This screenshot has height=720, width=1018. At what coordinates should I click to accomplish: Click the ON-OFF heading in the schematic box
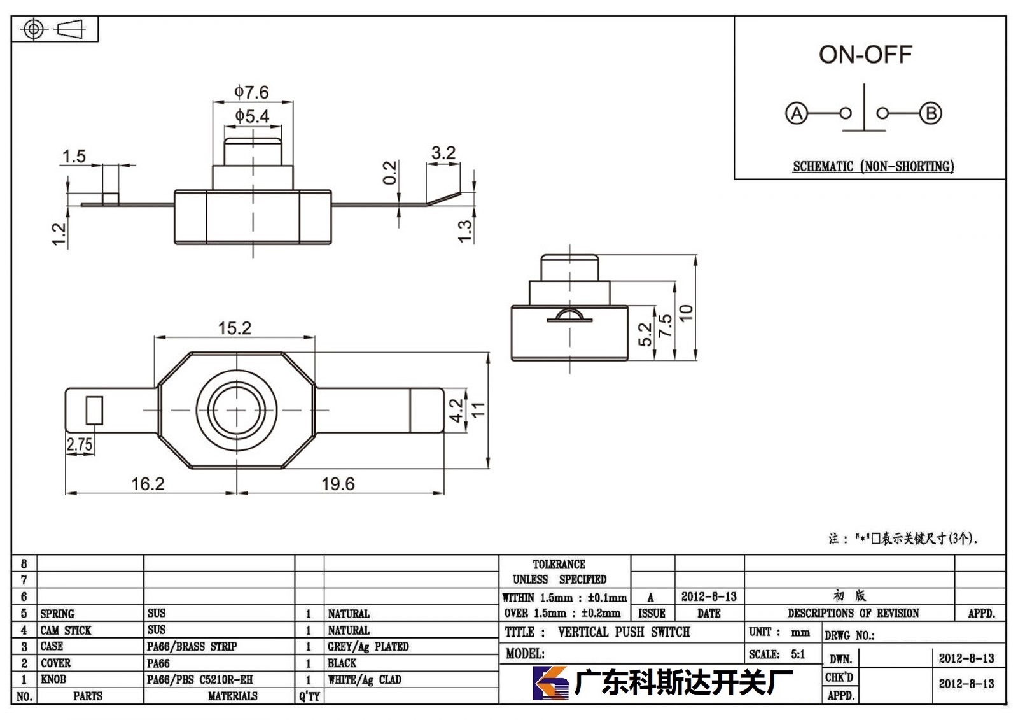point(865,55)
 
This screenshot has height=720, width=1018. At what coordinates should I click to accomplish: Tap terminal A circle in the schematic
point(797,113)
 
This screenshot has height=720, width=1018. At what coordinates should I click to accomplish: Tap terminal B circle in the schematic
point(931,113)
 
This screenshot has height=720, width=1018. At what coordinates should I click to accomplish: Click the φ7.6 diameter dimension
point(252,92)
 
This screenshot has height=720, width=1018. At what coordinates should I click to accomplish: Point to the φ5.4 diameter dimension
point(252,116)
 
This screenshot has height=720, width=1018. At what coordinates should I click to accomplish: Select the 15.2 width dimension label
point(235,328)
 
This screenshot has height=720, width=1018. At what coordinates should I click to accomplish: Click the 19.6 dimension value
point(338,483)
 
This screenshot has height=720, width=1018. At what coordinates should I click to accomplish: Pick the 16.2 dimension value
point(148,483)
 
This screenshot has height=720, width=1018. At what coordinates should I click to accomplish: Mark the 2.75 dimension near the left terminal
point(80,444)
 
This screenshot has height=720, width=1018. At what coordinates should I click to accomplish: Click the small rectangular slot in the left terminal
point(95,410)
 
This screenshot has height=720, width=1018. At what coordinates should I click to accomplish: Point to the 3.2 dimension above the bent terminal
point(443,152)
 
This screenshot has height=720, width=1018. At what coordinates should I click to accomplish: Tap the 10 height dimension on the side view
point(686,313)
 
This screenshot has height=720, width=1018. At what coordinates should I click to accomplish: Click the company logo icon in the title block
point(550,682)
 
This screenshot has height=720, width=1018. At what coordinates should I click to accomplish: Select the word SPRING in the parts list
point(57,614)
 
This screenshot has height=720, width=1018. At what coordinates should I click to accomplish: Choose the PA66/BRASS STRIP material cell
point(192,646)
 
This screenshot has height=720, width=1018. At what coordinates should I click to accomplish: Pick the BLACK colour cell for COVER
point(342,663)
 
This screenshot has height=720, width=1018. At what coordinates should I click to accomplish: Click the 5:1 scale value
point(798,654)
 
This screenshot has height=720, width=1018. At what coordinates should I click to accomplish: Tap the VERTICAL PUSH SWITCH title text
point(624,632)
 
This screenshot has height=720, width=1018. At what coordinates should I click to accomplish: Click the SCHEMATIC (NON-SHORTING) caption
point(874,166)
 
